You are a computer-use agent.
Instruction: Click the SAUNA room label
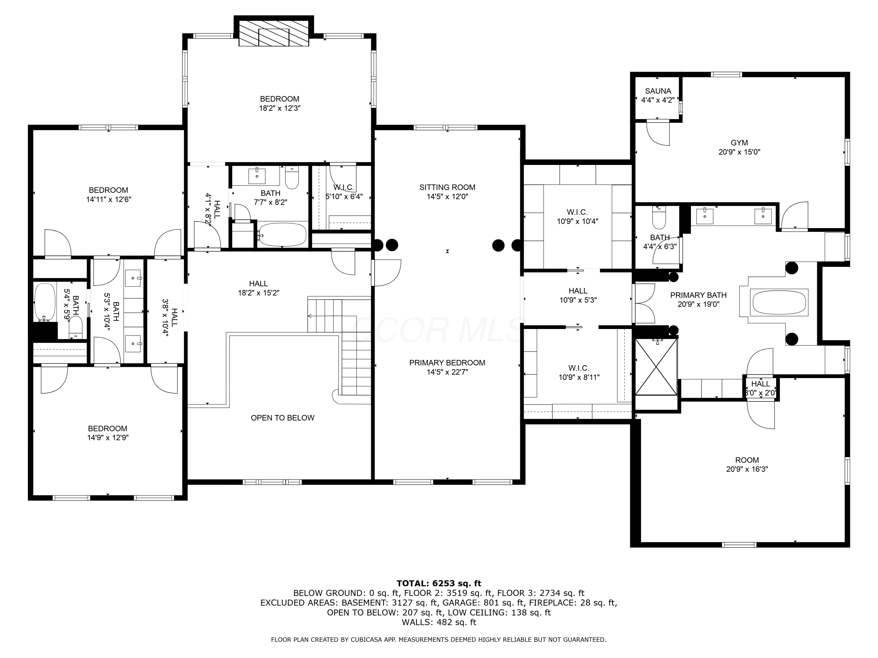tap(658, 91)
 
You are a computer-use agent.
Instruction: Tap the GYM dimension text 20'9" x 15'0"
tap(739, 152)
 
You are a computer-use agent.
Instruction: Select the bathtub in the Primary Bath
tap(779, 302)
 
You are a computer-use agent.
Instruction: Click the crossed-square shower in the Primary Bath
tap(656, 367)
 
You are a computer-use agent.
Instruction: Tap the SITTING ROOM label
tap(447, 187)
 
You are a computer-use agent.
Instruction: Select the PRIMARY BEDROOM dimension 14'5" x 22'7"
tap(447, 372)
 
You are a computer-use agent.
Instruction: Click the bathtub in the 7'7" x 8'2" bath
tap(282, 235)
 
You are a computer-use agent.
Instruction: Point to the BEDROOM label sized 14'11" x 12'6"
tap(108, 190)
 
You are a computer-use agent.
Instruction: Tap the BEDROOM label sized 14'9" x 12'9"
tap(108, 428)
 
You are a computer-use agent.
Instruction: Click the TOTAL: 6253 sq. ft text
tap(439, 583)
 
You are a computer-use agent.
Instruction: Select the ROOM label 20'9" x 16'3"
tap(747, 460)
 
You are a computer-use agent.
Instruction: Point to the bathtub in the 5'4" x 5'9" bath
tap(44, 302)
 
